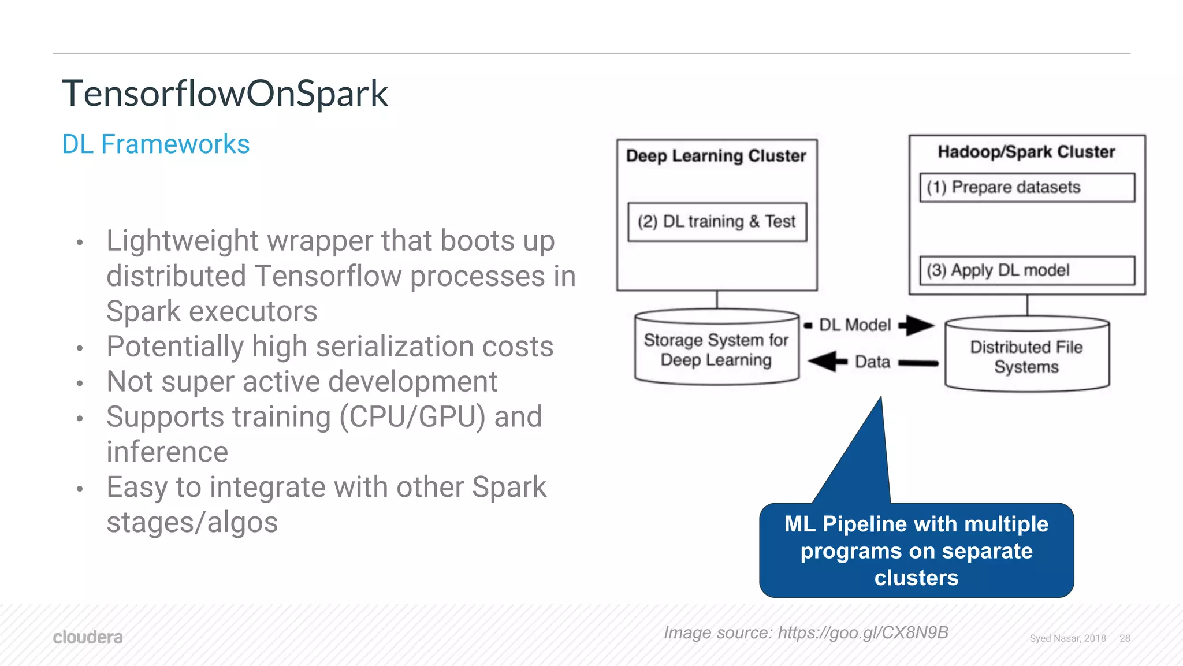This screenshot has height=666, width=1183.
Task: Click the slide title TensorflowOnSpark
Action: click(225, 94)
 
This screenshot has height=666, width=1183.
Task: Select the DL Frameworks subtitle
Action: click(155, 144)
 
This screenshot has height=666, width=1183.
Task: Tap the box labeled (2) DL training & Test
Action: click(717, 222)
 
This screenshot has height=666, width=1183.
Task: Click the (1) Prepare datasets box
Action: click(1026, 188)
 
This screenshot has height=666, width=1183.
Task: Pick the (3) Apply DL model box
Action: click(1026, 270)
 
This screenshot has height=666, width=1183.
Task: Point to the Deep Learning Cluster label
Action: click(716, 156)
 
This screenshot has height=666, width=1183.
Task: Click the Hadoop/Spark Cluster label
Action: click(1026, 152)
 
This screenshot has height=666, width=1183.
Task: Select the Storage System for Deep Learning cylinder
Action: click(716, 350)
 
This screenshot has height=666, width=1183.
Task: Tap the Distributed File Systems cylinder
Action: click(1026, 356)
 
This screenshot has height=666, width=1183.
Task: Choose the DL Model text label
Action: click(855, 325)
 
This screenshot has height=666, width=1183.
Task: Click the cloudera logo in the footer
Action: click(88, 637)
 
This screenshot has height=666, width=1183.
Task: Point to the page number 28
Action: click(1125, 638)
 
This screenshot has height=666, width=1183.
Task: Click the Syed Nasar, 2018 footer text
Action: click(1067, 638)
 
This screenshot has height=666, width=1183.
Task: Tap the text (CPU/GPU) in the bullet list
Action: click(412, 417)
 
